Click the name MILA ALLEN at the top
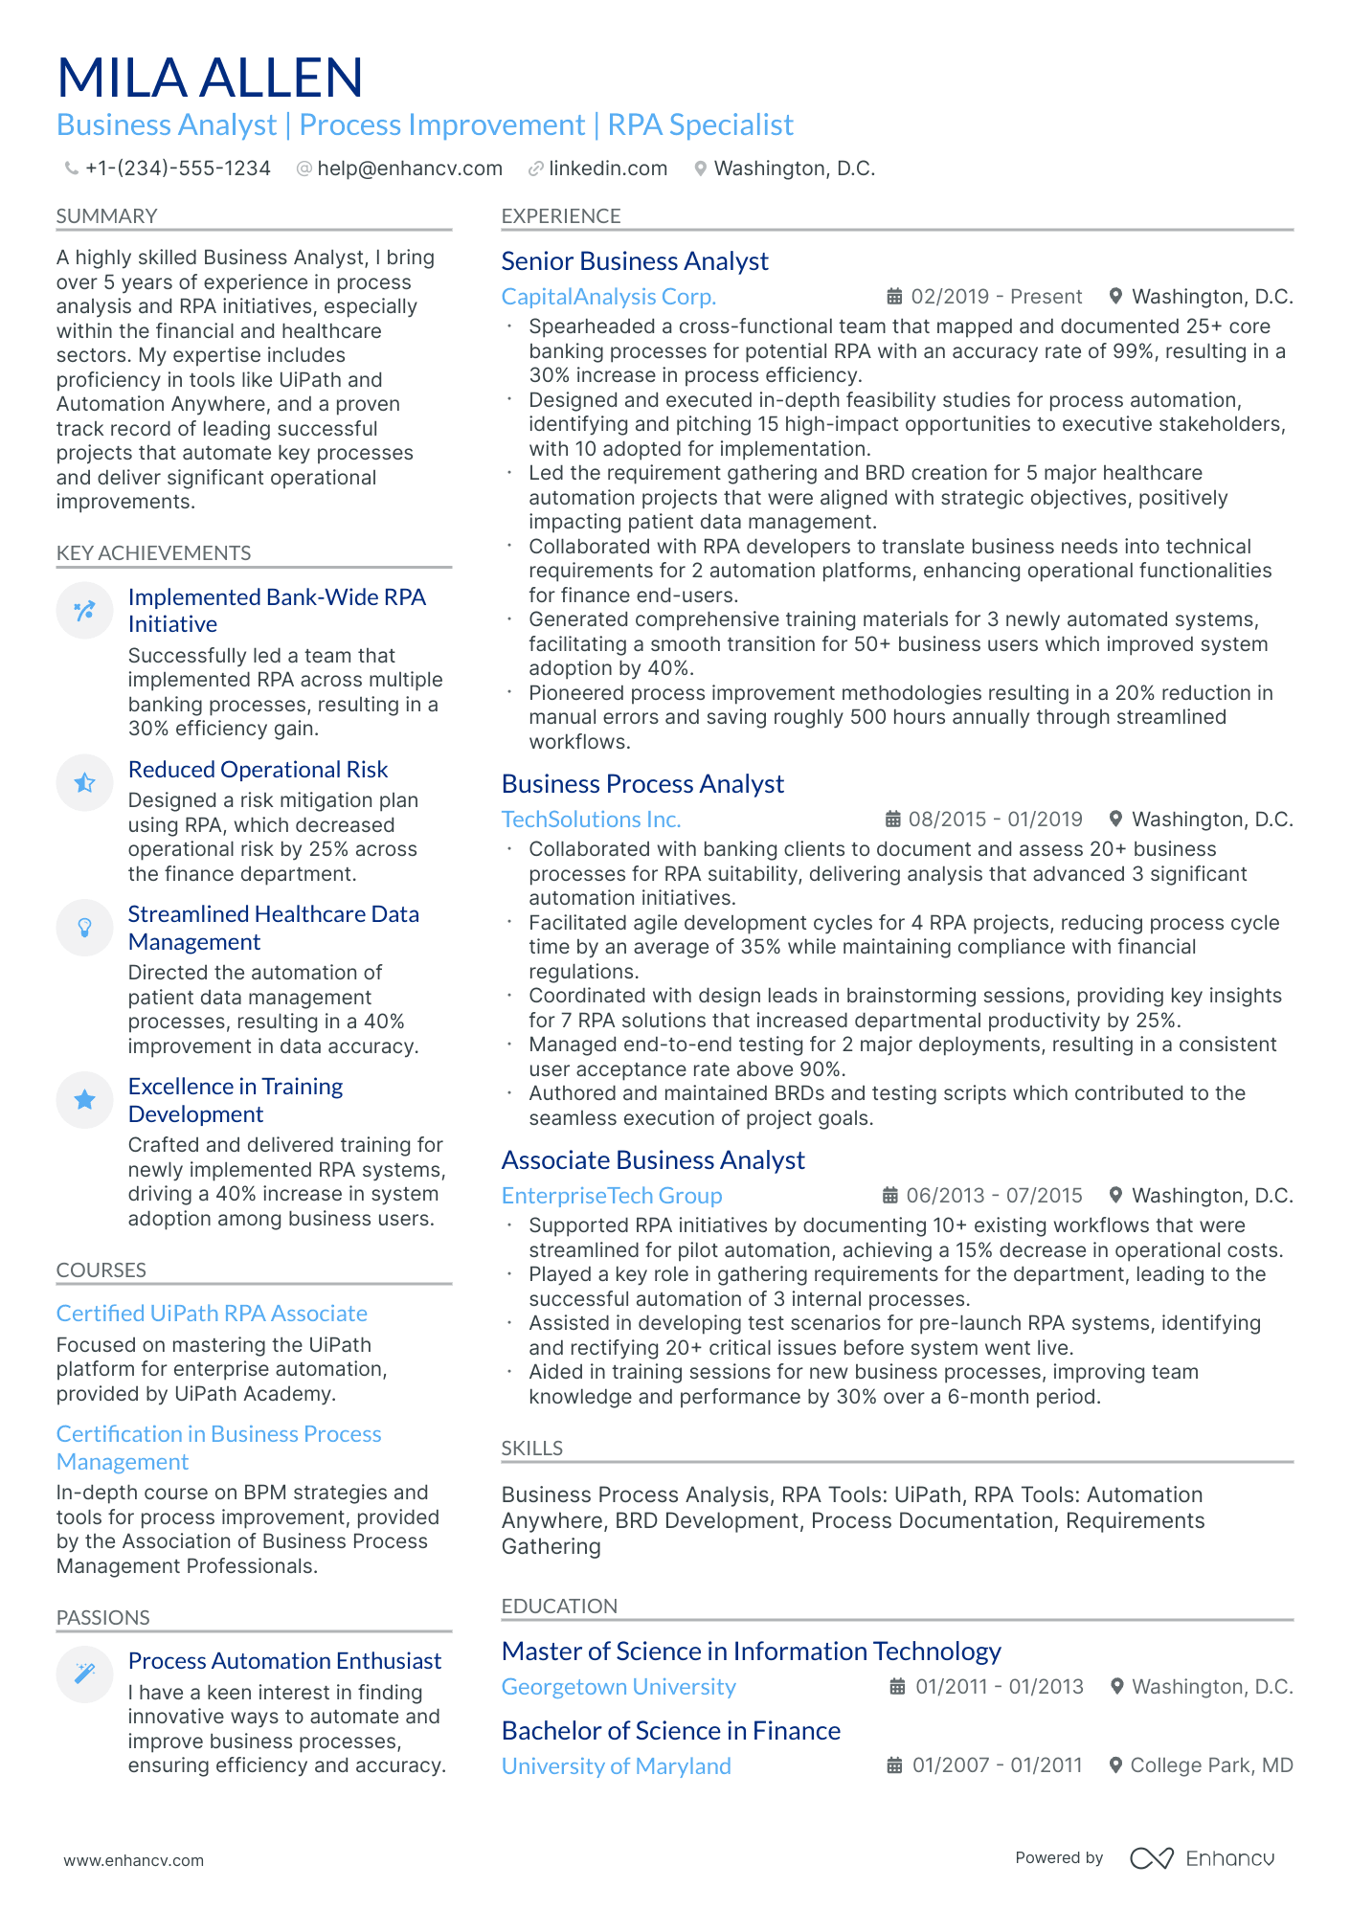[210, 79]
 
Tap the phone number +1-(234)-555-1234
[177, 169]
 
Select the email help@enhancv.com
[409, 169]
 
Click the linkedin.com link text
[607, 169]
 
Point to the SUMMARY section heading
[106, 216]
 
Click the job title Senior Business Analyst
[634, 261]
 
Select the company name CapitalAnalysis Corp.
[608, 297]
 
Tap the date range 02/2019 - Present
[996, 297]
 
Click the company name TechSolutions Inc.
[591, 820]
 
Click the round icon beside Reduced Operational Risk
[85, 783]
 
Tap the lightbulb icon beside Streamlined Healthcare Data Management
[85, 928]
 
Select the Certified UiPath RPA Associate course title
[212, 1314]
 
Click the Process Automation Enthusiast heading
[284, 1661]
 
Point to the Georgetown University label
[619, 1687]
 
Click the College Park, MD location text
[1211, 1765]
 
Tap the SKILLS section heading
[531, 1449]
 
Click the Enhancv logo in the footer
[1202, 1858]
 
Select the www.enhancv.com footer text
[133, 1860]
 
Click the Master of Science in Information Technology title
[751, 1652]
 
